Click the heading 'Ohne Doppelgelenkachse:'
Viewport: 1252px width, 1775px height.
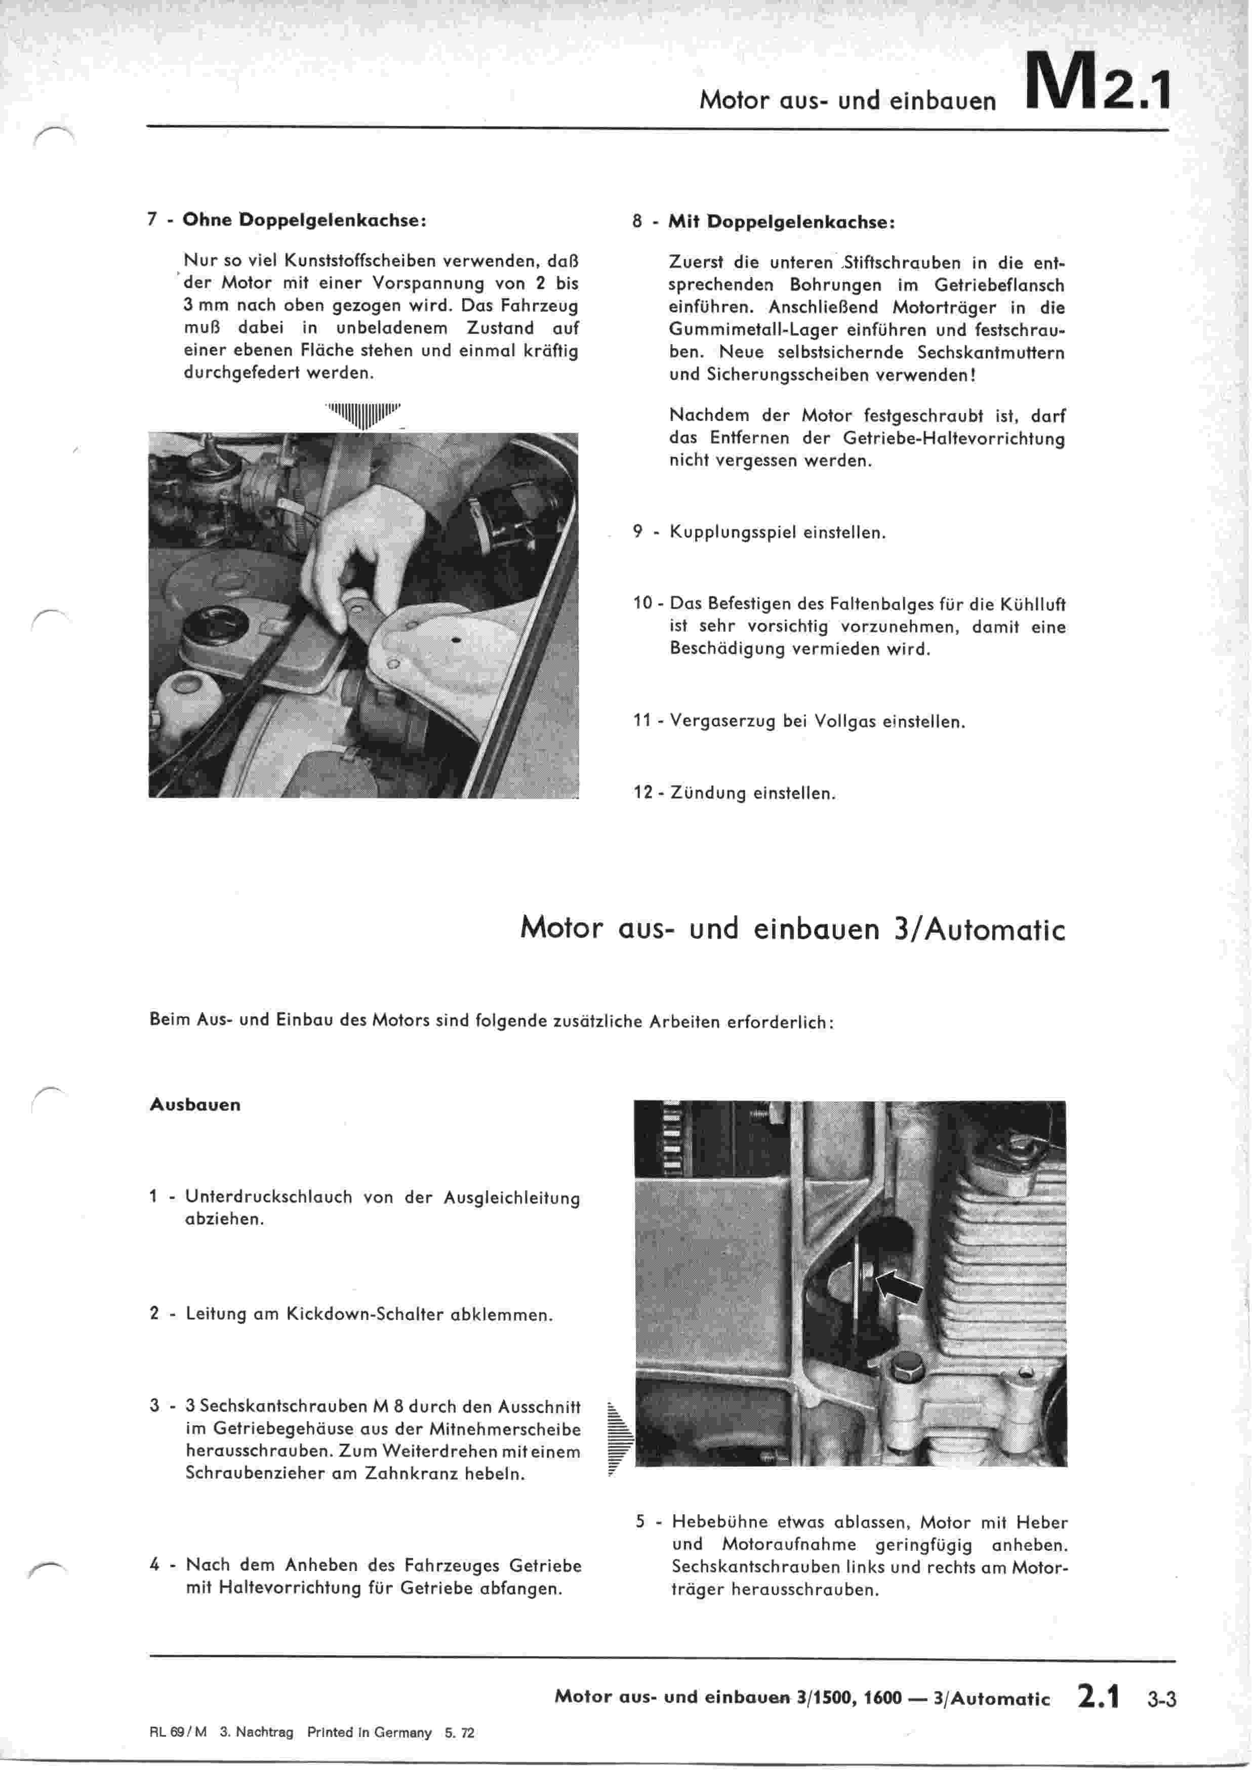[x=304, y=220]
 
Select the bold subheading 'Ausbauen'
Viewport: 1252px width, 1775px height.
[x=195, y=1105]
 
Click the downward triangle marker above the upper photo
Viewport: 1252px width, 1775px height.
[x=364, y=415]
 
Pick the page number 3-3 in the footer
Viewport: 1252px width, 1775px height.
[x=1161, y=1700]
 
